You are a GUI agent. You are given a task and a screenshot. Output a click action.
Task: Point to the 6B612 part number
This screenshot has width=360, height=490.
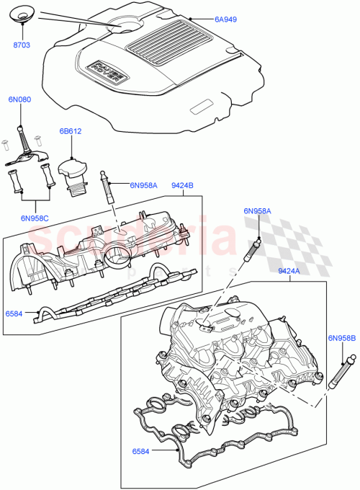tap(71, 132)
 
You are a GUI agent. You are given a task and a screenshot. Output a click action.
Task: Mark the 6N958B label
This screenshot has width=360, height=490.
tap(342, 337)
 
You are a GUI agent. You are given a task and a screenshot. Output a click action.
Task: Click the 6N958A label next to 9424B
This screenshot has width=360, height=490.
tap(145, 184)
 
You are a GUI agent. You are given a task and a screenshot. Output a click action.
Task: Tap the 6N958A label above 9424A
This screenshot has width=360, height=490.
tap(258, 210)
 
